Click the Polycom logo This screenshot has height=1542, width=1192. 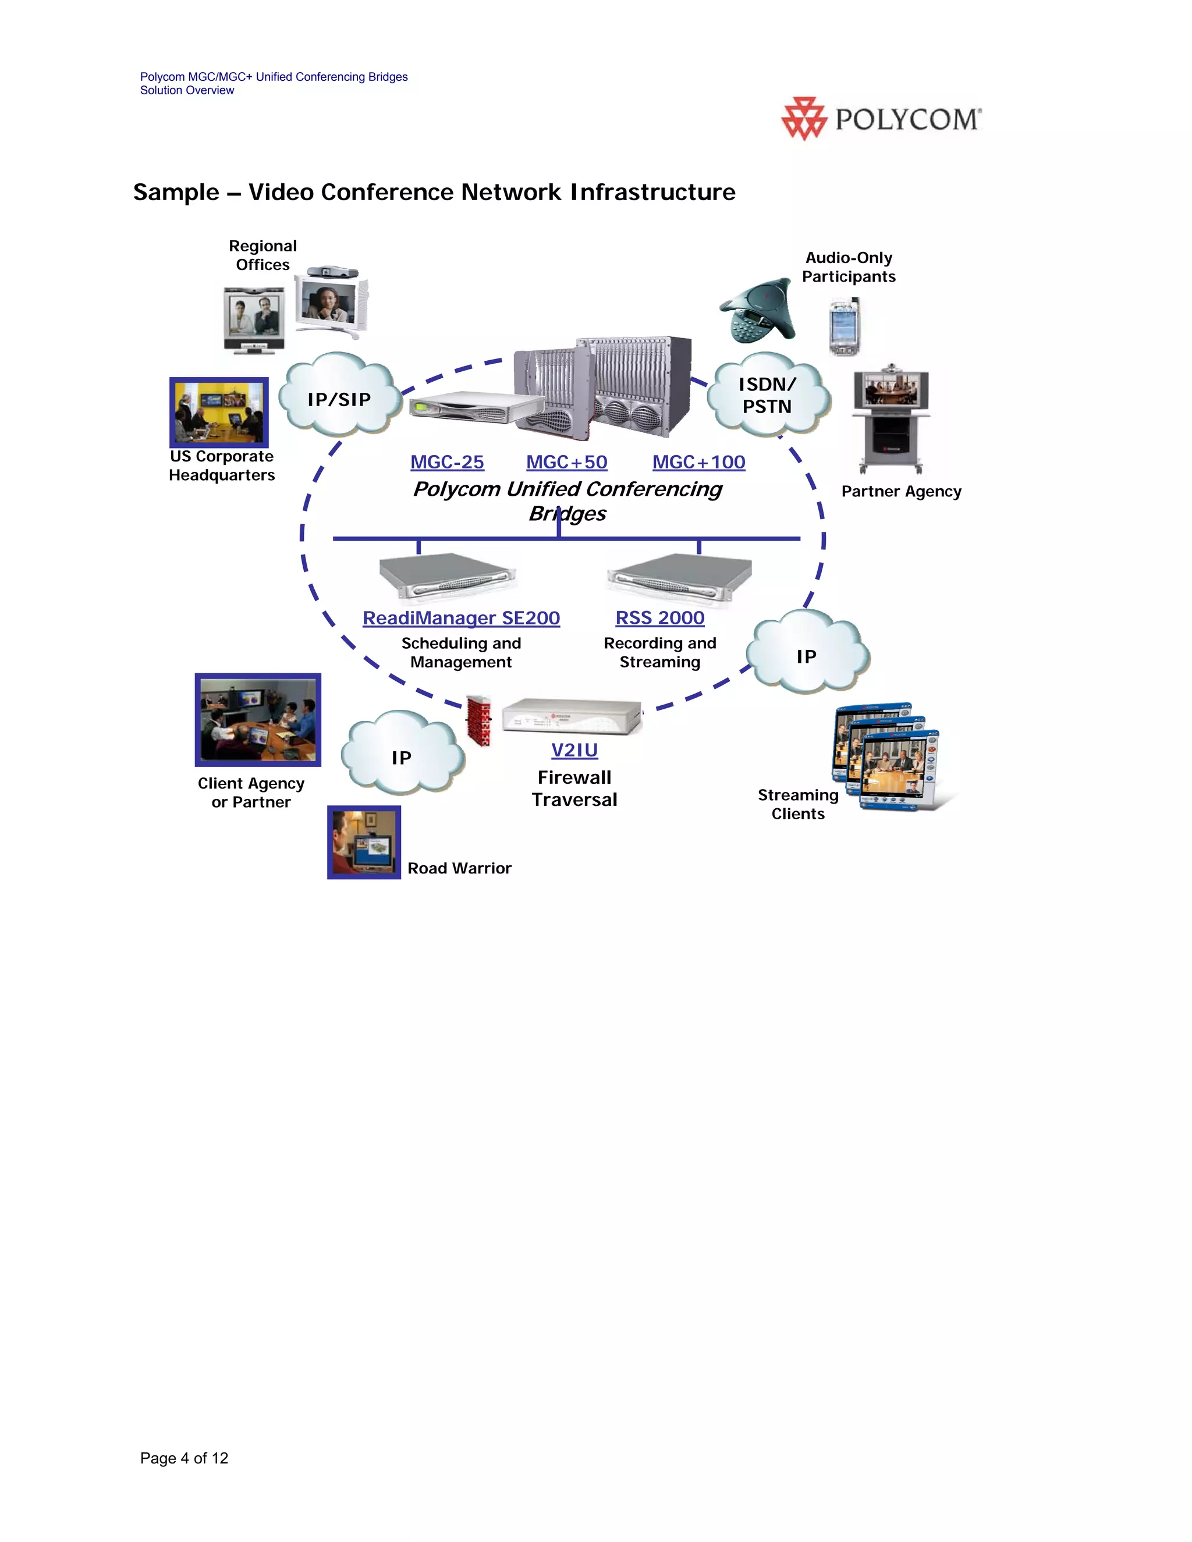pos(881,119)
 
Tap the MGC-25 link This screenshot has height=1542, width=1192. pos(447,463)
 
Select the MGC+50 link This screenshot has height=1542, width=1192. pos(566,463)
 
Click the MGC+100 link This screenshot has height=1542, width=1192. pos(698,463)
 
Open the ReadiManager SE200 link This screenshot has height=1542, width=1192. pos(461,618)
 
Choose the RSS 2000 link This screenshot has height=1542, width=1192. pos(659,618)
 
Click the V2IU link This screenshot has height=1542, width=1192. pos(574,750)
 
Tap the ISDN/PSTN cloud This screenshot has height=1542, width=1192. pos(768,395)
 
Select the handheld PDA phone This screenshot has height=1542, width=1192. pos(843,327)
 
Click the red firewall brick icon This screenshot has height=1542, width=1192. pos(480,721)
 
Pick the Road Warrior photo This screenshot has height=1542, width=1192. pos(364,843)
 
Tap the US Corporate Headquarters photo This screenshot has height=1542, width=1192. pos(219,413)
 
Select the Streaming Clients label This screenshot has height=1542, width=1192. pos(798,804)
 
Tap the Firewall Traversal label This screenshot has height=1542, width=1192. pos(574,788)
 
